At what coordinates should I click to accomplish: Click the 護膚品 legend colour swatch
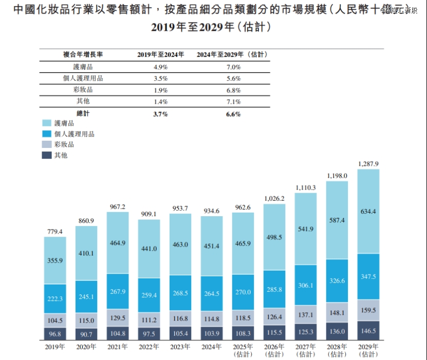(x=46, y=123)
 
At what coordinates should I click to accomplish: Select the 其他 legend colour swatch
(x=46, y=155)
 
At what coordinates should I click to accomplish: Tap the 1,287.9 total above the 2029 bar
(x=368, y=164)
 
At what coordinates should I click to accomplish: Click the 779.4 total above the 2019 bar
(x=54, y=232)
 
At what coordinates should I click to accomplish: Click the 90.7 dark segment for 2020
(x=86, y=334)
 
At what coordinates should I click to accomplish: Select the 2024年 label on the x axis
(x=212, y=347)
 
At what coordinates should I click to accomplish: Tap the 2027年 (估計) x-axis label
(x=306, y=350)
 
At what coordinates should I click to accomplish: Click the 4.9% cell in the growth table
(x=160, y=67)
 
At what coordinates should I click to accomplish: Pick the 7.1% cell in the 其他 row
(x=233, y=101)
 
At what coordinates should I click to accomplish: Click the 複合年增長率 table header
(x=83, y=54)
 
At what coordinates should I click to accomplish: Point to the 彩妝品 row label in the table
(x=83, y=90)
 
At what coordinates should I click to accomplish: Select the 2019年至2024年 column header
(x=160, y=54)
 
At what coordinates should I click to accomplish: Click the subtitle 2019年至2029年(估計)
(x=211, y=27)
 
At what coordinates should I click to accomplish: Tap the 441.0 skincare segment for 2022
(x=149, y=248)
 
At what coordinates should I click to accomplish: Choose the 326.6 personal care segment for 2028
(x=337, y=280)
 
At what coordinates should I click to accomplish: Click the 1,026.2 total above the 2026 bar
(x=274, y=198)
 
